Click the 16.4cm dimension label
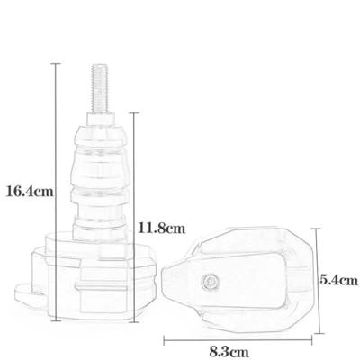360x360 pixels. [30, 191]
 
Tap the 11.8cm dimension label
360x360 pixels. [162, 229]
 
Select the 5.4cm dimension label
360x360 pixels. [339, 280]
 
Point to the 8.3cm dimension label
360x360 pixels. [229, 351]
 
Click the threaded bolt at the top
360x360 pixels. [99, 88]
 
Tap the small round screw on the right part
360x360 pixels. [210, 281]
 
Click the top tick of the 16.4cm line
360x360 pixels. [56, 64]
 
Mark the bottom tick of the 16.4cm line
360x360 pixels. [56, 320]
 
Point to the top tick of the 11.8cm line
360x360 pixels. [134, 113]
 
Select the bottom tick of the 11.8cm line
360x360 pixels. [134, 322]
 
